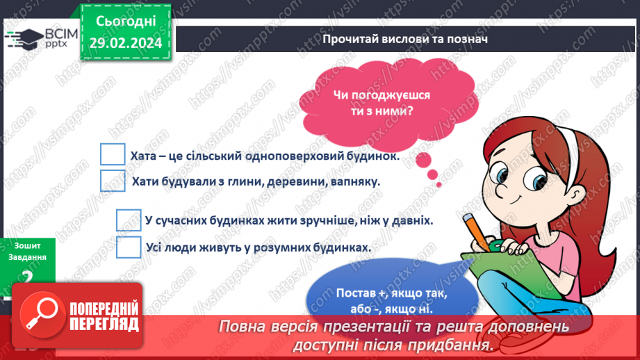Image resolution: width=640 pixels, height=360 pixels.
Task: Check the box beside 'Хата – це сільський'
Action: tap(113, 155)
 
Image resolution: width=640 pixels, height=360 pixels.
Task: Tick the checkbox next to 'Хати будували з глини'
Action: tap(113, 181)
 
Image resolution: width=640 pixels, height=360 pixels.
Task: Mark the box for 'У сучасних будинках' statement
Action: tap(129, 220)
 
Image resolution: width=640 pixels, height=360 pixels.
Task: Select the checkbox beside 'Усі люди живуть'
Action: tap(129, 246)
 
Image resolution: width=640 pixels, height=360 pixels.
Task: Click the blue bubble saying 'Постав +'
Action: tap(391, 300)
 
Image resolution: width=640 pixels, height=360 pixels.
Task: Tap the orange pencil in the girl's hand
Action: tap(474, 226)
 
